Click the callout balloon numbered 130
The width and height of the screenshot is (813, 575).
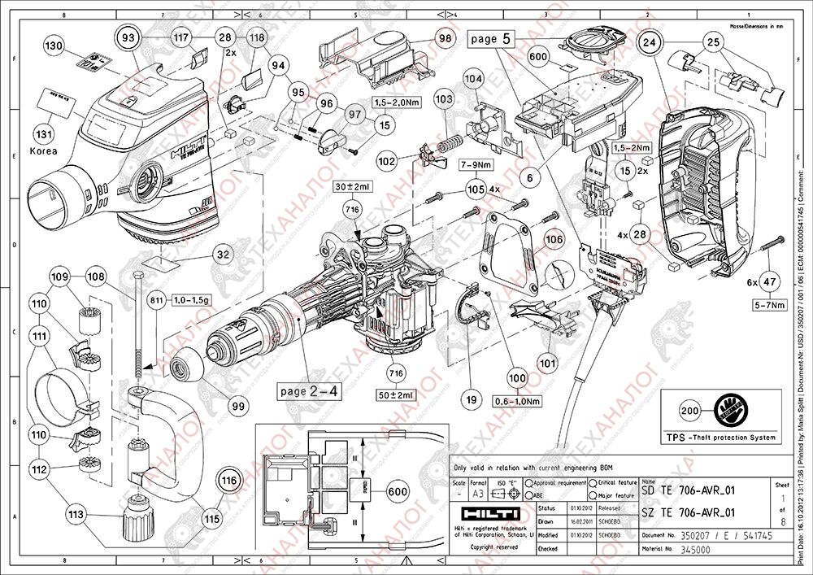[53, 46]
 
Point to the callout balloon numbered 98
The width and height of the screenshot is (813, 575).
[445, 37]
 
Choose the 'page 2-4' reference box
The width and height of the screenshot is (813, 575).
[309, 391]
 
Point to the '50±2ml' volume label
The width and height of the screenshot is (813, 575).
[396, 394]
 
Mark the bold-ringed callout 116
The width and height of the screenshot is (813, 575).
[230, 481]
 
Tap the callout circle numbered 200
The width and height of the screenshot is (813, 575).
[689, 412]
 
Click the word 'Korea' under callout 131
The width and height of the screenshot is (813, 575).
[44, 151]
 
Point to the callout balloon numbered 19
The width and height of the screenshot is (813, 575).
[469, 399]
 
